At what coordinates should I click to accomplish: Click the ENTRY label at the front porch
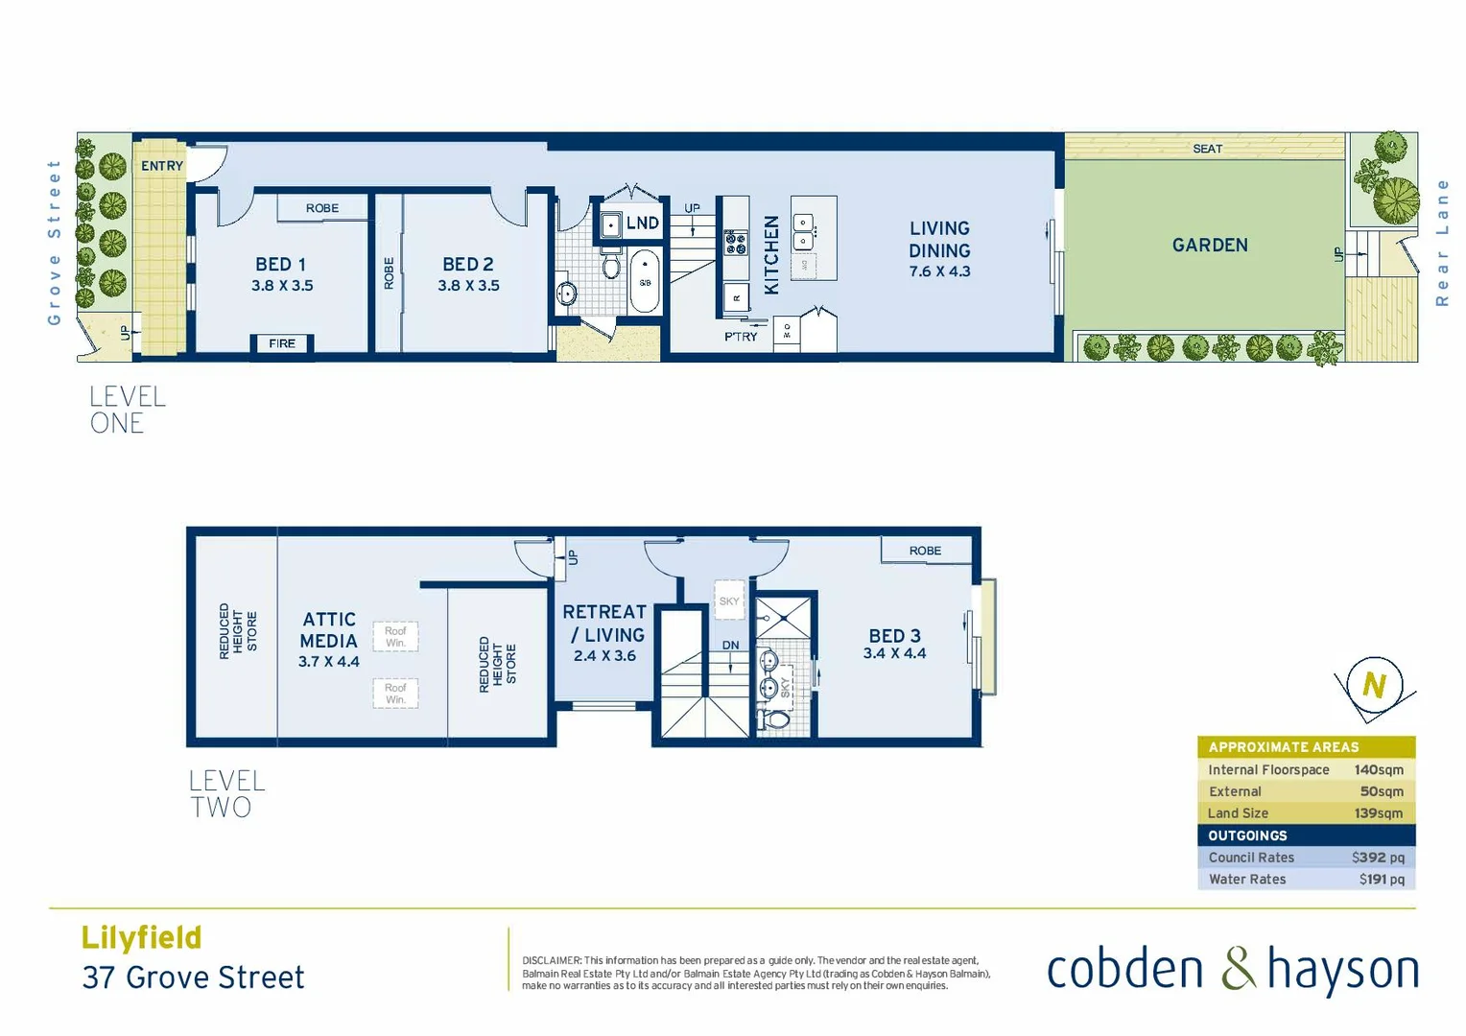click(161, 166)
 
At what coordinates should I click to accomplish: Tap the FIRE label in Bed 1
click(282, 343)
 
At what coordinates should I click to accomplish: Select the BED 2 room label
click(468, 264)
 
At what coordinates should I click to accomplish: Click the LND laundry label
click(642, 224)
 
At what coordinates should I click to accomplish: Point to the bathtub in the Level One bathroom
click(645, 281)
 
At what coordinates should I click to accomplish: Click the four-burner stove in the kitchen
click(735, 243)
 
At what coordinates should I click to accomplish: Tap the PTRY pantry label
click(741, 337)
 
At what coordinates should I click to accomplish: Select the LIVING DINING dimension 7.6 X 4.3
click(939, 272)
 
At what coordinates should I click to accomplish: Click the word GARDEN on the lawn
click(1210, 246)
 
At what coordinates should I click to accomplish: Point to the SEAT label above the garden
click(1207, 149)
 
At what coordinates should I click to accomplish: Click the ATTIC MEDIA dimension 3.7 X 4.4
click(328, 662)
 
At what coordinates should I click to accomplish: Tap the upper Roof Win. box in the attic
click(395, 637)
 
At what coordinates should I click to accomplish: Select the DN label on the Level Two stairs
click(731, 646)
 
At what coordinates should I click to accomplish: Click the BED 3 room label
click(894, 636)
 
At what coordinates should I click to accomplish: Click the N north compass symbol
click(1374, 685)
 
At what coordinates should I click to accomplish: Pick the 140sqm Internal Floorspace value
click(1378, 770)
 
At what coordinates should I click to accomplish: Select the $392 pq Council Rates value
click(1378, 858)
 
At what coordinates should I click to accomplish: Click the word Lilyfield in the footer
click(141, 937)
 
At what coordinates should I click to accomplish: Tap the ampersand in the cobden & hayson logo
click(1238, 969)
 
